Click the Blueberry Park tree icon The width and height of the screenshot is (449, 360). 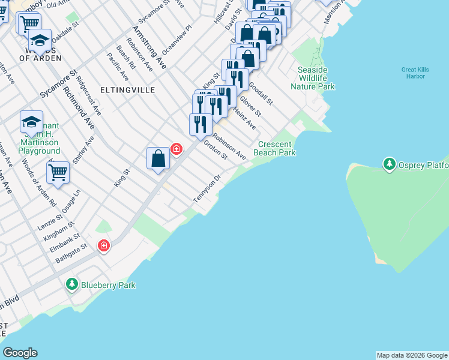72,283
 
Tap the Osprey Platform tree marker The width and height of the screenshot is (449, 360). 389,163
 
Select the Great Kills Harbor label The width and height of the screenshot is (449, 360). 414,73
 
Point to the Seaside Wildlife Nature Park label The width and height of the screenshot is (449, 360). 313,78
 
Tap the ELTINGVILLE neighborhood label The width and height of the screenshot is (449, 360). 127,90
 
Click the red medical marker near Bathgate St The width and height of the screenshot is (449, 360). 104,245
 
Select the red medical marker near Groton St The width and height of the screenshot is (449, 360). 176,148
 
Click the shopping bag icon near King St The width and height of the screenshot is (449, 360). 158,159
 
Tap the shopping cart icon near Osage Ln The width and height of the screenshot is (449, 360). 58,172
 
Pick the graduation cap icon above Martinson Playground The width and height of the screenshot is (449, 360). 31,122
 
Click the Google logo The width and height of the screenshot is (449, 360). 20,353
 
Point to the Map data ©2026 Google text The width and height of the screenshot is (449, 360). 412,355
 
